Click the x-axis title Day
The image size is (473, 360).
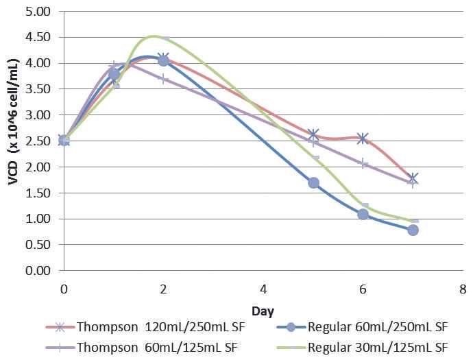click(263, 311)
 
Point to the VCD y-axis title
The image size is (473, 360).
click(13, 141)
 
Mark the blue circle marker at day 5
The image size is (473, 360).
click(314, 183)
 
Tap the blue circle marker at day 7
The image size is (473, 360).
click(413, 230)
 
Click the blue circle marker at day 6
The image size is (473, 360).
click(363, 215)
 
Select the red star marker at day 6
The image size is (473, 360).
click(363, 139)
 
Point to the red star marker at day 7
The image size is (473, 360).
click(413, 178)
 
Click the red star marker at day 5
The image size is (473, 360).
click(314, 134)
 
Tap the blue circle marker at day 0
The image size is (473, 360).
click(64, 141)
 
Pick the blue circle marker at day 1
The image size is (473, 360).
click(114, 74)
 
